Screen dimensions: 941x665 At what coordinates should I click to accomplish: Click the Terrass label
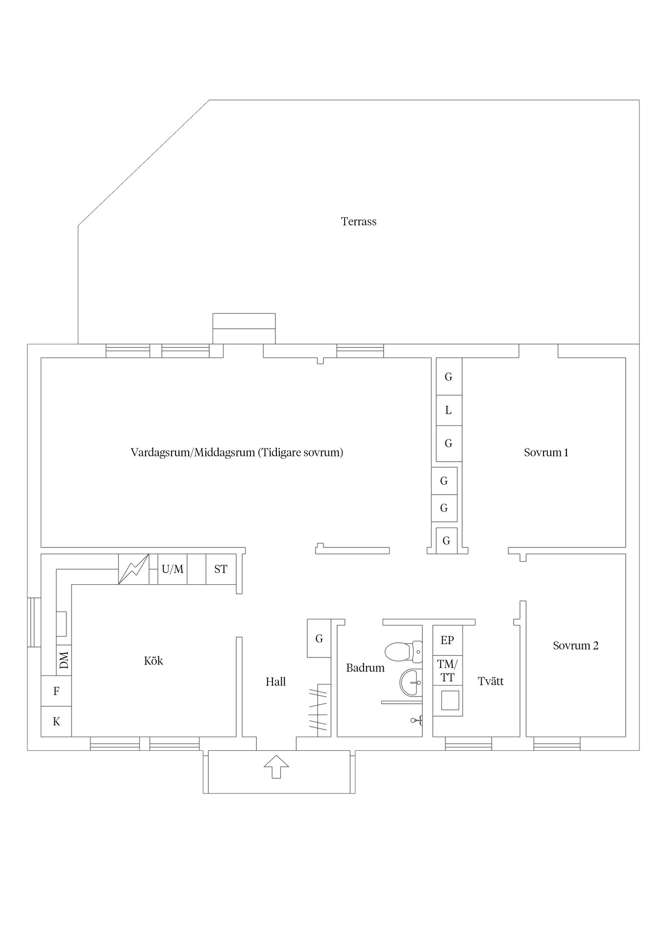click(x=359, y=222)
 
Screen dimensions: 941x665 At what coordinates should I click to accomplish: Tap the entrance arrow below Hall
click(x=276, y=767)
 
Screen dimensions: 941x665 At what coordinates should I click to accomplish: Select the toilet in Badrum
click(x=403, y=652)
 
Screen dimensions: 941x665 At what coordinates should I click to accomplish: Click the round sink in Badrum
click(x=411, y=682)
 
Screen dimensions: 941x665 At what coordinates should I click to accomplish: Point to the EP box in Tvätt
click(x=447, y=640)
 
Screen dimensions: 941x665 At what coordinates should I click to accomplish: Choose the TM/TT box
click(x=447, y=671)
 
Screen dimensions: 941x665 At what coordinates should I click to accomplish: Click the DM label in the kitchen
click(x=64, y=660)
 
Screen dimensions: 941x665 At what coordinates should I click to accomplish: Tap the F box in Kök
click(x=56, y=691)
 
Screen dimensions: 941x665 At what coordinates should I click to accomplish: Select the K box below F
click(x=56, y=721)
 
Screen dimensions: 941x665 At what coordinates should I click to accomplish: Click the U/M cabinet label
click(x=172, y=569)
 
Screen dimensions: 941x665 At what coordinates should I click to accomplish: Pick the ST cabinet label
click(x=221, y=569)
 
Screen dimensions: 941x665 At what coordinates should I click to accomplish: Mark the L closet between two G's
click(x=448, y=410)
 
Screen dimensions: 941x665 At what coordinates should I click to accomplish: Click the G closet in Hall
click(x=319, y=639)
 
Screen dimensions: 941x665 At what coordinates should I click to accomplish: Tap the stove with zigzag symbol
click(x=134, y=569)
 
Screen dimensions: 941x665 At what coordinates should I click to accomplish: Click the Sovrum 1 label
click(x=546, y=452)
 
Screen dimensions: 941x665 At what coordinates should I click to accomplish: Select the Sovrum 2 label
click(x=575, y=645)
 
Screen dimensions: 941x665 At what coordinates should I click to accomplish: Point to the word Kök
click(x=153, y=661)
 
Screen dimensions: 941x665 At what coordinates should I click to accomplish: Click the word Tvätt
click(x=491, y=681)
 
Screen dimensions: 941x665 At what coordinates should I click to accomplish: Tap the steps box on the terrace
click(x=244, y=328)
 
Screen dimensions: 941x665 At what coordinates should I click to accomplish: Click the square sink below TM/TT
click(x=450, y=700)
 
